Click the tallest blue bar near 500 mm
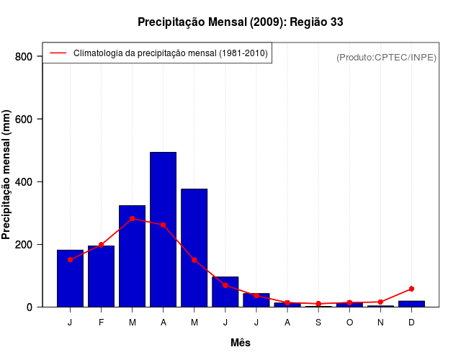point(163,229)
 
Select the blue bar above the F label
point(101,276)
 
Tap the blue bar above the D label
point(411,304)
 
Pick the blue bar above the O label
point(349,305)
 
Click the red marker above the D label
point(411,289)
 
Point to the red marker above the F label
point(101,245)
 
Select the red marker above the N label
point(380,302)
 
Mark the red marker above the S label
point(318,304)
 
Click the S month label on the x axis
point(318,323)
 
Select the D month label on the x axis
point(411,323)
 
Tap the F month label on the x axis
point(101,323)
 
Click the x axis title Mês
point(241,343)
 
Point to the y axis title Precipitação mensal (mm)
point(7,174)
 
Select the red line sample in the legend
point(58,53)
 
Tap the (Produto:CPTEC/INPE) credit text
point(386,57)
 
